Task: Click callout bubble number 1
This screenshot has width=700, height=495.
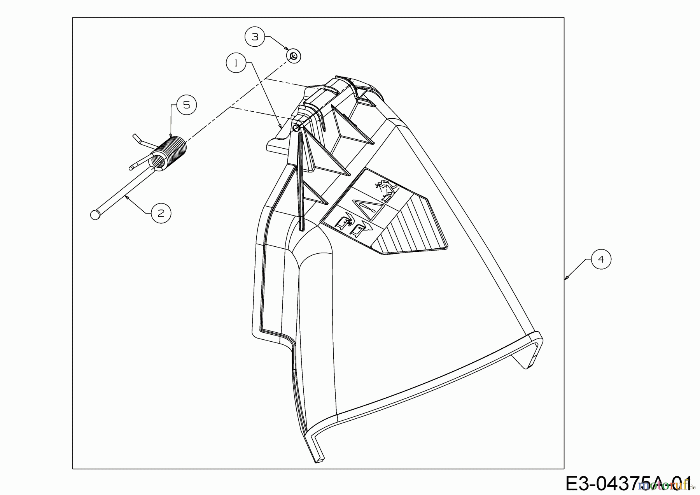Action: pyautogui.click(x=236, y=63)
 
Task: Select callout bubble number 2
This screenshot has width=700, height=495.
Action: pyautogui.click(x=161, y=213)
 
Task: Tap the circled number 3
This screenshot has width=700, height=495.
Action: pyautogui.click(x=255, y=37)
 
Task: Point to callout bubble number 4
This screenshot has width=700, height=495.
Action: pyautogui.click(x=601, y=259)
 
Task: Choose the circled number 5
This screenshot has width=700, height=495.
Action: pyautogui.click(x=187, y=105)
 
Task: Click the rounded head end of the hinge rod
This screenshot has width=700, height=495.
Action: pyautogui.click(x=94, y=215)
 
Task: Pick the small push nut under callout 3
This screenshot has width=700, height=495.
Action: pyautogui.click(x=294, y=56)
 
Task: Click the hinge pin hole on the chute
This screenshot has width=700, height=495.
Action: pyautogui.click(x=296, y=128)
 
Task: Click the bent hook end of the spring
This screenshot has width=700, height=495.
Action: pyautogui.click(x=136, y=138)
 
